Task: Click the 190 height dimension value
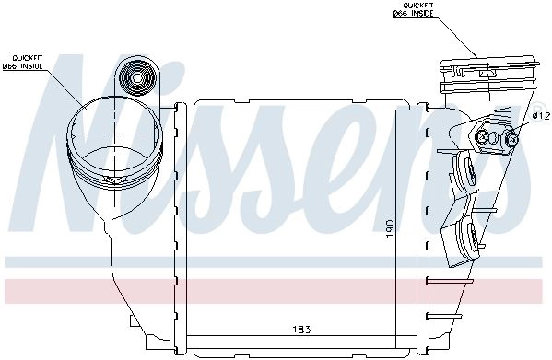[390, 227]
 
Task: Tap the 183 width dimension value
[302, 330]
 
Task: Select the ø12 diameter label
[541, 116]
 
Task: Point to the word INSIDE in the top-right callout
[421, 14]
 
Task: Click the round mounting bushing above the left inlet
[137, 77]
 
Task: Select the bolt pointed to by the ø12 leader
[511, 139]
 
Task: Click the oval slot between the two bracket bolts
[494, 137]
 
